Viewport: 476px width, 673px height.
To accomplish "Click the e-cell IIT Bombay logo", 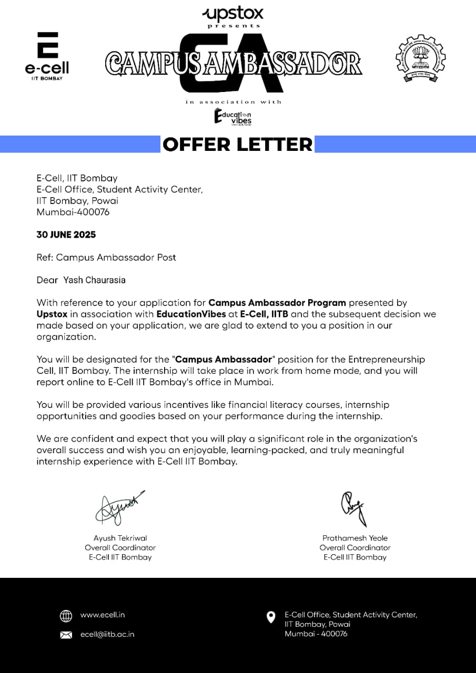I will coord(47,56).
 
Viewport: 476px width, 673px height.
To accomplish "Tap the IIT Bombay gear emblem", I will coord(420,58).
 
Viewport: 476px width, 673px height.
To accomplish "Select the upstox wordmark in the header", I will coord(233,14).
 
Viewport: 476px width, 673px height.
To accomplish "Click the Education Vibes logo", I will coord(233,117).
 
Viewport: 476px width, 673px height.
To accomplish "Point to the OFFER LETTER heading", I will coord(237,144).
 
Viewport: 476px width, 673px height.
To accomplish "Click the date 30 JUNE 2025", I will coord(66,234).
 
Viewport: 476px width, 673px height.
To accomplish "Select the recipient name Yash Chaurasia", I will coord(94,280).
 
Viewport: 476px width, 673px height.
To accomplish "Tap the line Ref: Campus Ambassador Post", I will coord(106,257).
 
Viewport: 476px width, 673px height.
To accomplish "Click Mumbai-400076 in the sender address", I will coord(73,212).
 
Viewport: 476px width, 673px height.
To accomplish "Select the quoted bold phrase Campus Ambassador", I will coord(224,360).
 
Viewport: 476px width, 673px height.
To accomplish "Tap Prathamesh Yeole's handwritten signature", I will coord(352,508).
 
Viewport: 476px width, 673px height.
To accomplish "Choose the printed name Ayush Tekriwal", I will coord(120,538).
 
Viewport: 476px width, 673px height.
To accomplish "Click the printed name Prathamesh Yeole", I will coord(355,538).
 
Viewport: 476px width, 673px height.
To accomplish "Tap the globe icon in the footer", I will coord(66,616).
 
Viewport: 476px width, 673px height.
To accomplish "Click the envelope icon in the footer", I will coord(66,635).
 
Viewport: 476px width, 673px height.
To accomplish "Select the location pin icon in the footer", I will coord(271,617).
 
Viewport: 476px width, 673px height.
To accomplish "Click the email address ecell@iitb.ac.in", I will coord(107,634).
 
